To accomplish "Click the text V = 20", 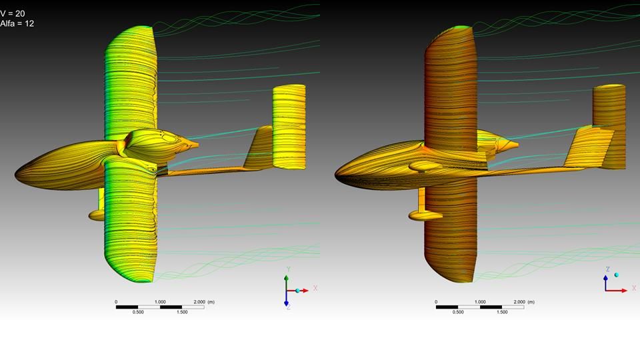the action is coord(12,13).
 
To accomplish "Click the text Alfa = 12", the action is coord(17,24).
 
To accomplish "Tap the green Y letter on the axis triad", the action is coord(288,269).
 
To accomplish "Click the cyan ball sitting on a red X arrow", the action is coord(298,291).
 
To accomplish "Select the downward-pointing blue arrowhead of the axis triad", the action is coord(286,303).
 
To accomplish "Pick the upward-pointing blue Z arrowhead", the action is coord(606,277).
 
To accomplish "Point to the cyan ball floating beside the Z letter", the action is coord(616,275).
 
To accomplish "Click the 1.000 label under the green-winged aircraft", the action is coord(160,302).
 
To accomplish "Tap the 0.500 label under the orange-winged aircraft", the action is coord(458,312).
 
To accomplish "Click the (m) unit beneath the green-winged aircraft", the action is coord(211,302).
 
